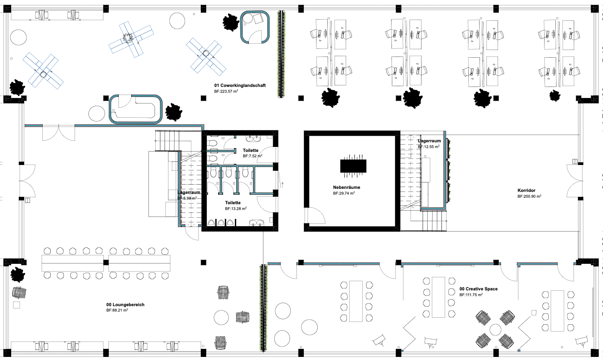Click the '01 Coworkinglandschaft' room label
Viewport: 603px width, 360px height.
coord(240,85)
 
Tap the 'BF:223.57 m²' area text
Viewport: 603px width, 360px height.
coord(226,92)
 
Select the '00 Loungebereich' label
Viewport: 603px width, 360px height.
coord(125,305)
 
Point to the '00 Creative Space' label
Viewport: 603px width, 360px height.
coord(478,289)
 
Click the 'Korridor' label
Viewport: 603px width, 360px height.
coord(526,190)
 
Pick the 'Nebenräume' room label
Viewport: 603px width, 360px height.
coord(346,187)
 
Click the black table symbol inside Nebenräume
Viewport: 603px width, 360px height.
coord(353,166)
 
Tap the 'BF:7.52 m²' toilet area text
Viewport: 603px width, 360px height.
coord(252,156)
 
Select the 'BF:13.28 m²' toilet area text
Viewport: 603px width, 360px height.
coord(236,208)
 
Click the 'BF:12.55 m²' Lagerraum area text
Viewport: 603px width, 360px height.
coord(429,147)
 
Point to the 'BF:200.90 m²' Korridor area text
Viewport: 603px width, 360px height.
coord(529,196)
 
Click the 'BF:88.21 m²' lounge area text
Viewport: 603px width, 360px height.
coord(117,310)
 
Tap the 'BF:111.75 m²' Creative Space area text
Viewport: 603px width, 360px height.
coord(471,295)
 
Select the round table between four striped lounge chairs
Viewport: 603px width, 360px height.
coord(495,330)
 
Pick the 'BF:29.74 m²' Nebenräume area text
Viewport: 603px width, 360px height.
coord(344,193)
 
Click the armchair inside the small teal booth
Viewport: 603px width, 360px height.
coord(257,18)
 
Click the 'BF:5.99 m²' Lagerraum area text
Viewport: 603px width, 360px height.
coord(187,198)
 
